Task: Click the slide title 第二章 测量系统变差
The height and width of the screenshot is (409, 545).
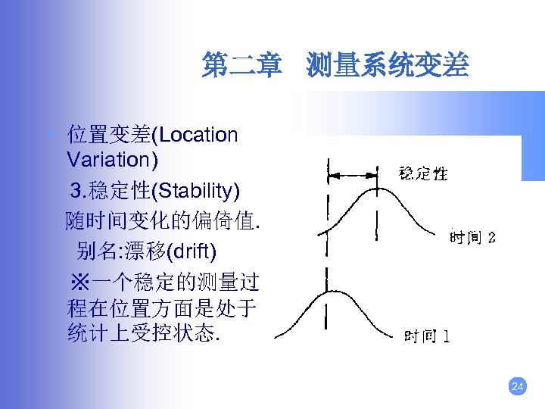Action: (335, 67)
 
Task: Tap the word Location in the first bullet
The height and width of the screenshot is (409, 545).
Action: (199, 136)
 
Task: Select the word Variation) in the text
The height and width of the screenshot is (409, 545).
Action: (113, 160)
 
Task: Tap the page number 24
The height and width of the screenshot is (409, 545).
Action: (518, 387)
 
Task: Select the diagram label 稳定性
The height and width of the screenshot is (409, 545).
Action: (423, 173)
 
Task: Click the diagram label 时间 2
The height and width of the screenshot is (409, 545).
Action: (472, 238)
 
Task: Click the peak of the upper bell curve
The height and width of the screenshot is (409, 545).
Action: (376, 186)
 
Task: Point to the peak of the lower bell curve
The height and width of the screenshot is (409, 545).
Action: (326, 291)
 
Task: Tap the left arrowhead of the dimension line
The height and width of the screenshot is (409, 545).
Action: (330, 175)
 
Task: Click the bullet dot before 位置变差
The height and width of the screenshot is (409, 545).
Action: (50, 135)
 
